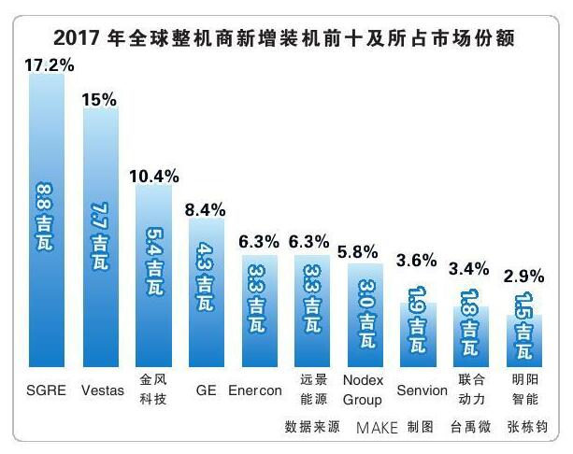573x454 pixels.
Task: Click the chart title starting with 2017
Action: [x=286, y=38]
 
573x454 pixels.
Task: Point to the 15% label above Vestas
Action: [x=100, y=99]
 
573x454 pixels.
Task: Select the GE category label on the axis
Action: [x=206, y=390]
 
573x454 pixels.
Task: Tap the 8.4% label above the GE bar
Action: [x=206, y=211]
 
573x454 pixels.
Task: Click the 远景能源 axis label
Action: [x=312, y=390]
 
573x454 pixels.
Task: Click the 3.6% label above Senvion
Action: [x=416, y=286]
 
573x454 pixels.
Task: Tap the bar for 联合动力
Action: [x=470, y=336]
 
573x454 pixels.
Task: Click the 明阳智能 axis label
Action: [x=524, y=390]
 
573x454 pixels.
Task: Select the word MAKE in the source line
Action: [x=376, y=428]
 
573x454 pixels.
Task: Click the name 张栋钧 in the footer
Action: [x=526, y=428]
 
